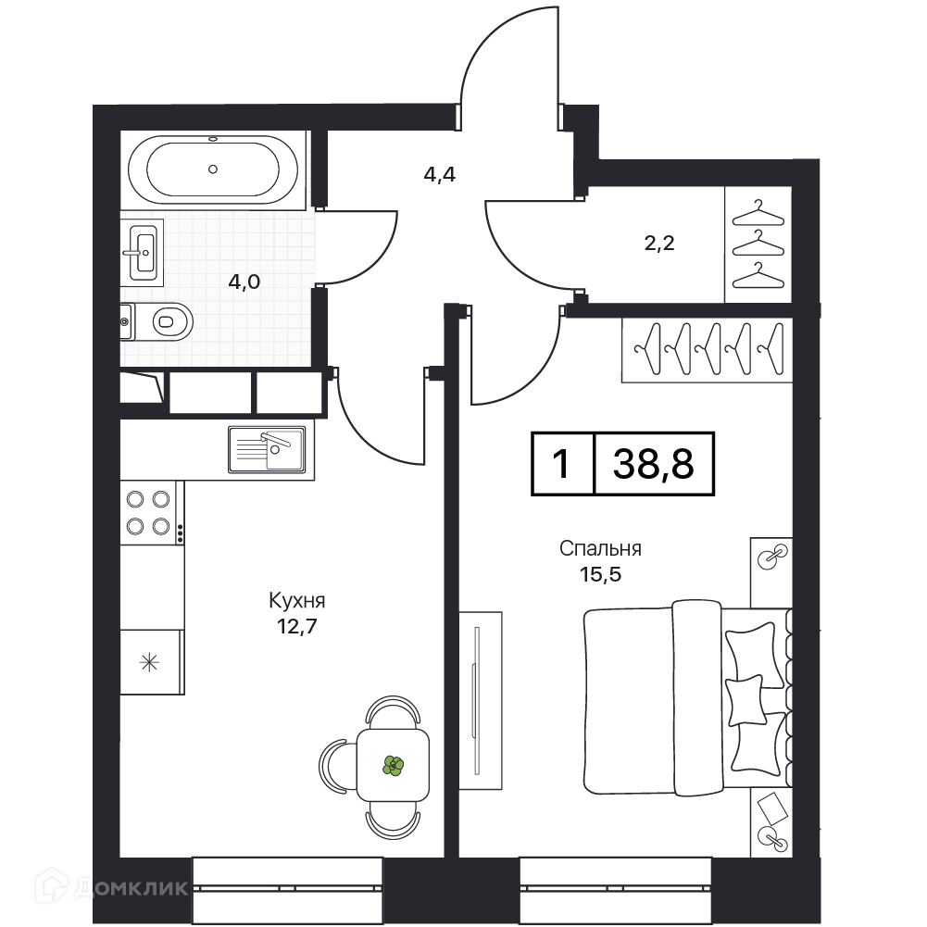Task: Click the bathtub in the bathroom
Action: point(213,169)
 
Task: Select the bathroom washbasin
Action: point(143,253)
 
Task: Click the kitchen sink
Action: point(267,449)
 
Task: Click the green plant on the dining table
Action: point(393,766)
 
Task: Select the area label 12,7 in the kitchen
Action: point(296,626)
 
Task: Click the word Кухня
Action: point(296,601)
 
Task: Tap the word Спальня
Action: point(600,548)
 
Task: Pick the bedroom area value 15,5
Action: point(600,574)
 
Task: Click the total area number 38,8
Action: point(653,463)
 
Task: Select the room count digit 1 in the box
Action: point(561,463)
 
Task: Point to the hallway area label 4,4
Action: point(439,175)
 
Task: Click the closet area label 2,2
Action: point(659,243)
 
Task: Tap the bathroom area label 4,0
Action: point(244,282)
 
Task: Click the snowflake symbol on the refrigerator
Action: point(149,662)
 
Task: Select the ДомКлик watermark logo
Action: point(111,887)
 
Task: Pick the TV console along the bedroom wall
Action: point(480,700)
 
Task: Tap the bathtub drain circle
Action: point(213,169)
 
